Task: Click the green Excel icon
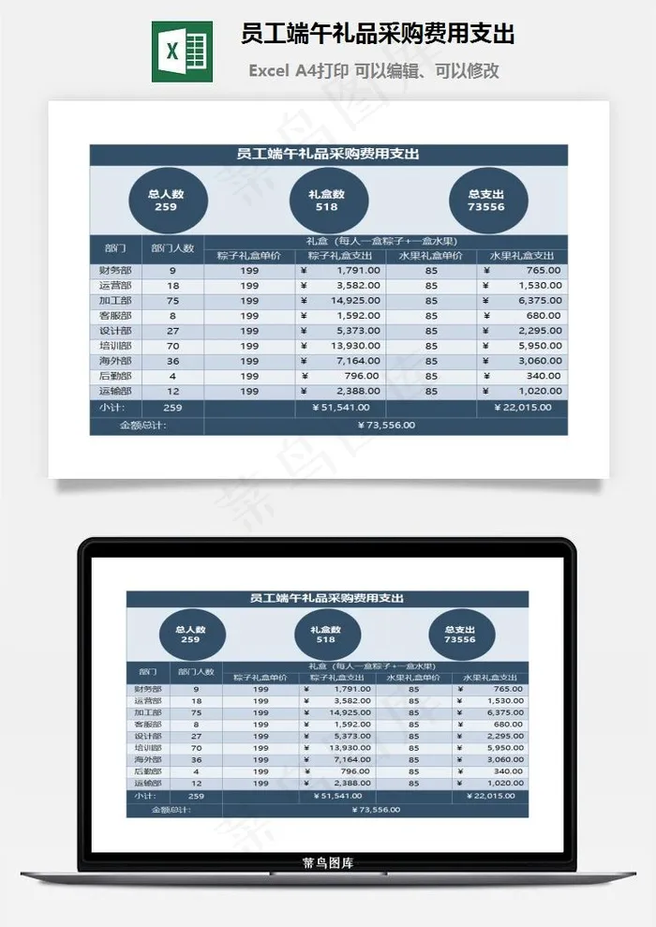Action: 182,51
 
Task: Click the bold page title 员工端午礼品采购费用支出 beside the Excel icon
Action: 378,35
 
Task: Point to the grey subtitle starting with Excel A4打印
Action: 373,70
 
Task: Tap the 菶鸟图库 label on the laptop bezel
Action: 328,863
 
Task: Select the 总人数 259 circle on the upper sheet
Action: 166,201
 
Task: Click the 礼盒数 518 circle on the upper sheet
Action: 326,201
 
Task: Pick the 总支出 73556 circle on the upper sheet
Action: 486,201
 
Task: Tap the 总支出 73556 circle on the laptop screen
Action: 459,635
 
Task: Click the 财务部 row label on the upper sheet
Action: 114,270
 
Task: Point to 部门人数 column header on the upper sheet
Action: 172,248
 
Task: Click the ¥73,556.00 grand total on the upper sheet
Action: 386,425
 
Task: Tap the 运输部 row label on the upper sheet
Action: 114,391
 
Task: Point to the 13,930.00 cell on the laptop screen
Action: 349,747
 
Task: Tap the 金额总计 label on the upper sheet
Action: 143,425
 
